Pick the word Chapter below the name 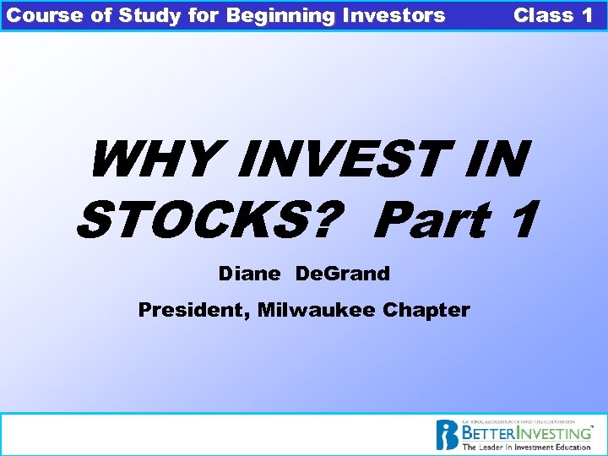pyautogui.click(x=426, y=310)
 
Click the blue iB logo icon pyautogui.click(x=447, y=435)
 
